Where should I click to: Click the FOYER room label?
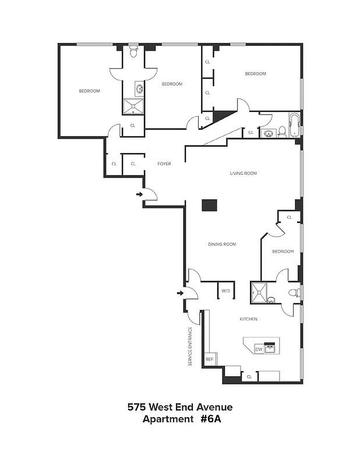coord(164,164)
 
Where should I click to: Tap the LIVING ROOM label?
coord(243,173)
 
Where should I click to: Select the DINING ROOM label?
coord(222,244)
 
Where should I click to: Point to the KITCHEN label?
coord(249,319)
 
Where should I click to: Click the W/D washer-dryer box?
coord(226,290)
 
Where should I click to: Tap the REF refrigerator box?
coord(210,359)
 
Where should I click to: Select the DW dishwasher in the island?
coord(259,349)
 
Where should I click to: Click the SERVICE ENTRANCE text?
coord(190,346)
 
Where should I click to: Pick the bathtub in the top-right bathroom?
coord(295,125)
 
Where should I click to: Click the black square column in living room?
coord(209,206)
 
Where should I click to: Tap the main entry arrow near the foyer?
coord(139,195)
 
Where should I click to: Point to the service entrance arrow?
coord(180,294)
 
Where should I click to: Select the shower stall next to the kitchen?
coord(259,293)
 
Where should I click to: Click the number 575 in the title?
coord(136,407)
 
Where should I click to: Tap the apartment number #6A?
coord(211,419)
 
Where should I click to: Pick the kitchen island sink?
coord(270,348)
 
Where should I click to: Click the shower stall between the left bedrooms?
coord(133,106)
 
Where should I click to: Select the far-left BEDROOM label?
coord(90,91)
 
